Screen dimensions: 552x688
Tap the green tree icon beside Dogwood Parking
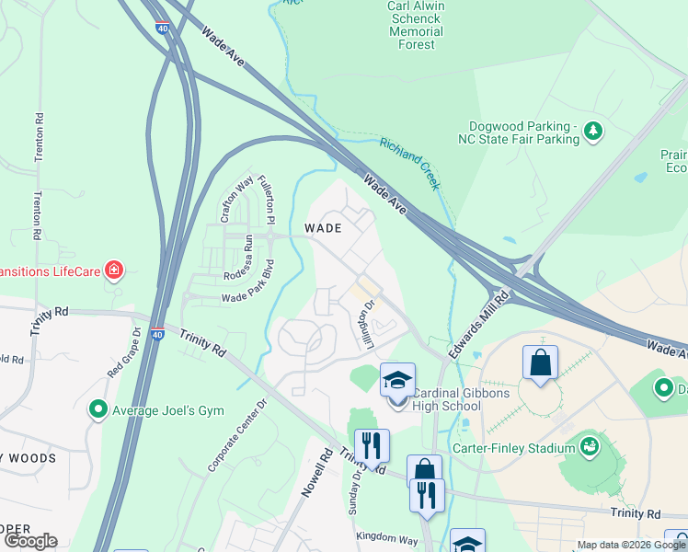pos(594,131)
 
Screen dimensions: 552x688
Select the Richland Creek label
pos(410,159)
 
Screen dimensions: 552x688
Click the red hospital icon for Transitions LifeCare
pos(113,270)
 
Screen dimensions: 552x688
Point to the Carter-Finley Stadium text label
pos(513,449)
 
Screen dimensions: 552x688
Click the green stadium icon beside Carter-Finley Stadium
pos(590,448)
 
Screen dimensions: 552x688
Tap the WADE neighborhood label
pos(323,227)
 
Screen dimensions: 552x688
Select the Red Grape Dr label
pos(125,352)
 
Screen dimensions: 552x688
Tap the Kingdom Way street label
pos(386,537)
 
